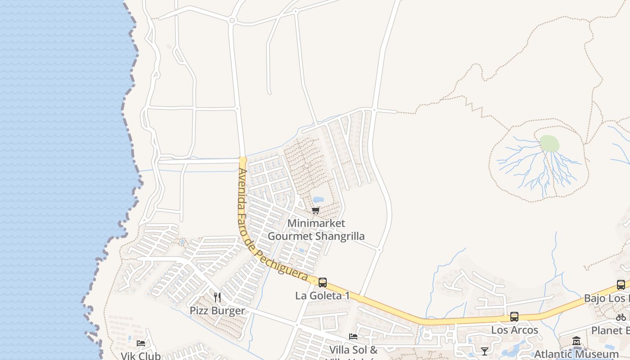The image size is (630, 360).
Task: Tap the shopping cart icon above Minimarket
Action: [316, 210]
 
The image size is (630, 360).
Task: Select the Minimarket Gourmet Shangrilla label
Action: [316, 229]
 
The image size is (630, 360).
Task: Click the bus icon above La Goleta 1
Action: [323, 283]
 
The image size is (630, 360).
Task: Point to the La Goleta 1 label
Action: [322, 296]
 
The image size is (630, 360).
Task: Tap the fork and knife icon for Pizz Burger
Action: [217, 297]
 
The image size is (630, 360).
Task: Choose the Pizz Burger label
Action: [217, 310]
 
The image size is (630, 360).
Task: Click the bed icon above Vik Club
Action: [141, 343]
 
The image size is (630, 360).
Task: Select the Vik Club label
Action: [141, 355]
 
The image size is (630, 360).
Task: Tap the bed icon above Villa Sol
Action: [353, 337]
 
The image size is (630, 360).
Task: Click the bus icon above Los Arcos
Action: [514, 317]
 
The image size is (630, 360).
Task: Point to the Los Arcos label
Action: [514, 330]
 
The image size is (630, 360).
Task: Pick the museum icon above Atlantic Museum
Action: [576, 341]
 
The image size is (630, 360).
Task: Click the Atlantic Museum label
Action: [576, 354]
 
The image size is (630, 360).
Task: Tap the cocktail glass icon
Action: [484, 351]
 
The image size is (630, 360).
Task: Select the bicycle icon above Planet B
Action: [621, 317]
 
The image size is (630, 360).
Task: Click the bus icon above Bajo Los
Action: [621, 285]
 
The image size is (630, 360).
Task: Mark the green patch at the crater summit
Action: [549, 144]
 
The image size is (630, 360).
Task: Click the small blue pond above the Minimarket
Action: [318, 199]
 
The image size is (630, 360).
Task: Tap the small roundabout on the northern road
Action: [232, 20]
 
